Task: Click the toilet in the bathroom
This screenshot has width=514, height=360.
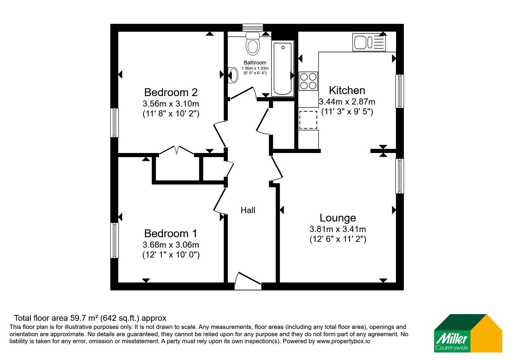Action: (253, 43)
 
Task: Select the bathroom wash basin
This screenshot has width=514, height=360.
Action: (233, 75)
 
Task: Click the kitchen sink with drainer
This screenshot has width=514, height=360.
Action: (369, 42)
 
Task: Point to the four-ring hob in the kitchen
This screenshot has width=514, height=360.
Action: (308, 81)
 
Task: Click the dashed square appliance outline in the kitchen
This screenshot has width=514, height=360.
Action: (308, 120)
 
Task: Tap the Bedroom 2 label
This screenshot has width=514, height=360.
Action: (171, 92)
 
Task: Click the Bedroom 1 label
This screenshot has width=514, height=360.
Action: (171, 233)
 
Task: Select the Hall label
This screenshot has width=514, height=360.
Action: (248, 210)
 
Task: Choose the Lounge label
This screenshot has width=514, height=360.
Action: (338, 218)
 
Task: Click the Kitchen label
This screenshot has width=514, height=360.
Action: (347, 90)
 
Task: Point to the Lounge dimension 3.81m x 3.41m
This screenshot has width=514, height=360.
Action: (338, 229)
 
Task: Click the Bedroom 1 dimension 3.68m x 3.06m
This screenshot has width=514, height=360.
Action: (171, 245)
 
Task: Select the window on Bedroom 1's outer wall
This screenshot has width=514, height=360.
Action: (114, 240)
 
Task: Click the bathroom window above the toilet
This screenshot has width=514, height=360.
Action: (253, 28)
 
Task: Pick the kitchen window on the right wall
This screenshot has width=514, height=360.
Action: (400, 91)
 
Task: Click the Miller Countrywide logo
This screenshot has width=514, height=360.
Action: (468, 333)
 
